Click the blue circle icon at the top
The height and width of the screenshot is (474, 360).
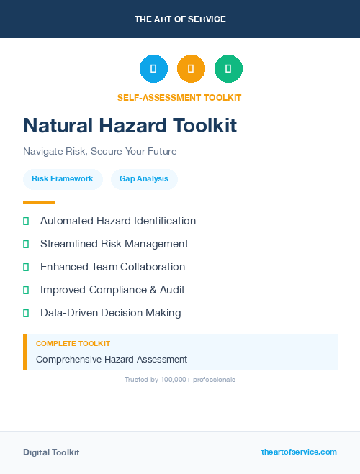pyautogui.click(x=153, y=68)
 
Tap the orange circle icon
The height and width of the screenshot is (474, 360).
pyautogui.click(x=191, y=68)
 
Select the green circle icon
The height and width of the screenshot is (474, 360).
pyautogui.click(x=228, y=68)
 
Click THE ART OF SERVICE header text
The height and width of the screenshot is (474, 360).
pyautogui.click(x=180, y=19)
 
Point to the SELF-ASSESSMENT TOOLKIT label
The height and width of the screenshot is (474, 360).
pyautogui.click(x=179, y=98)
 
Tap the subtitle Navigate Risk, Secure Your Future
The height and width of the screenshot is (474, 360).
pyautogui.click(x=100, y=152)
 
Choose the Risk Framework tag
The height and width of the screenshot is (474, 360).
pyautogui.click(x=63, y=178)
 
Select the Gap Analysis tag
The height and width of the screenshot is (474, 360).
pyautogui.click(x=144, y=178)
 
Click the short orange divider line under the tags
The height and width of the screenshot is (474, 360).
pyautogui.click(x=39, y=202)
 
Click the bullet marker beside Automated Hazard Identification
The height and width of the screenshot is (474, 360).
pyautogui.click(x=26, y=221)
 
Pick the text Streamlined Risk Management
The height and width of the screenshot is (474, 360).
pyautogui.click(x=114, y=244)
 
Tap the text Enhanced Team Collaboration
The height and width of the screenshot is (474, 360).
pyautogui.click(x=112, y=267)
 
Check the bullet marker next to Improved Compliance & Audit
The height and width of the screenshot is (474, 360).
pyautogui.click(x=26, y=290)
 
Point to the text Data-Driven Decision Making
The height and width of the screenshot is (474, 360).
pyautogui.click(x=110, y=313)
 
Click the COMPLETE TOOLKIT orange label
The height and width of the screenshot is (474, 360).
pyautogui.click(x=73, y=344)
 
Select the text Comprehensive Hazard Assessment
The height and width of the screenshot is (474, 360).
pyautogui.click(x=112, y=359)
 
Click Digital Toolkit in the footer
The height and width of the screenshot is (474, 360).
pyautogui.click(x=51, y=452)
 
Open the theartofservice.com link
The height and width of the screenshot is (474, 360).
pyautogui.click(x=299, y=452)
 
